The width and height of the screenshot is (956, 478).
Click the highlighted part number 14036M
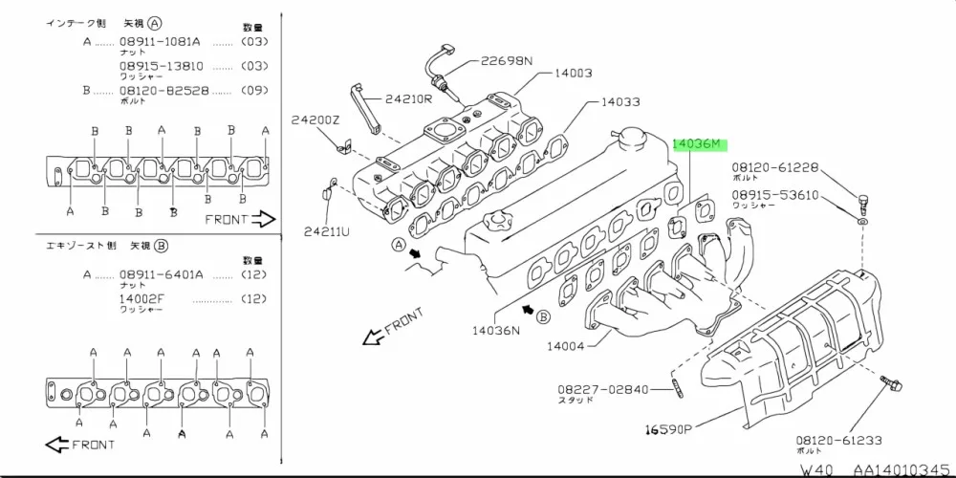[x=700, y=144]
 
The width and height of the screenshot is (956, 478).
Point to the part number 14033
[x=621, y=101]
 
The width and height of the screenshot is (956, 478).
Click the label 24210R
[x=409, y=98]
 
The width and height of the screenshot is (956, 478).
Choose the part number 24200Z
[x=315, y=120]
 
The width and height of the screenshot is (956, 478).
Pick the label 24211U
[x=328, y=230]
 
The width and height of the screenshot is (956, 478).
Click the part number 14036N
[x=495, y=331]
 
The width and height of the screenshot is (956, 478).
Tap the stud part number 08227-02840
[x=603, y=390]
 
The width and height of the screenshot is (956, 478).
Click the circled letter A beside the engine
[x=397, y=245]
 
